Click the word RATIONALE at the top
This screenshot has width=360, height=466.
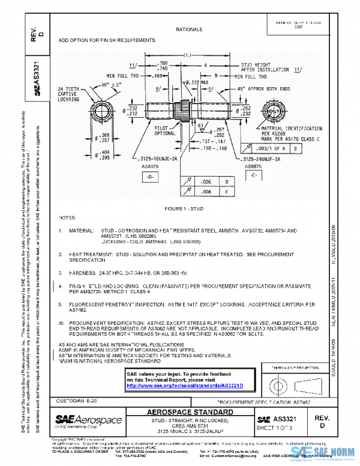(189, 29)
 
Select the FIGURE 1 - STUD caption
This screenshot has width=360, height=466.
(188, 208)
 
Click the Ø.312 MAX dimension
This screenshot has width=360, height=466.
(192, 82)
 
